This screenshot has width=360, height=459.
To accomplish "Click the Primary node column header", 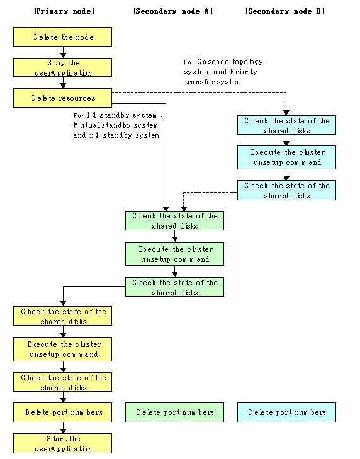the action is click(x=64, y=11).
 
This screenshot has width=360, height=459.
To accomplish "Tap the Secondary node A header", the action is click(x=173, y=11).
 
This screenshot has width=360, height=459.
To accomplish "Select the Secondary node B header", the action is click(x=285, y=11).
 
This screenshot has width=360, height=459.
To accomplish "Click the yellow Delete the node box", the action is click(x=63, y=37).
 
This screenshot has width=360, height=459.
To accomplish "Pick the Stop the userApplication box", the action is click(x=63, y=67).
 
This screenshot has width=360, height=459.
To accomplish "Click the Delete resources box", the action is click(x=63, y=98).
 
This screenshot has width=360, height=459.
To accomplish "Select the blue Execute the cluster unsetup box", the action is click(x=286, y=157).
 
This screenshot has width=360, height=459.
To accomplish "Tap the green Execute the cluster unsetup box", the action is click(x=175, y=254).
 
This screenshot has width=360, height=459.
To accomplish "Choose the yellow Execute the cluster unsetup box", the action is click(x=63, y=349).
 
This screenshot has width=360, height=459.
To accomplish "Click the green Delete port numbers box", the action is click(x=175, y=412).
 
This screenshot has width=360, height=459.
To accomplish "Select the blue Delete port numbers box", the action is click(x=286, y=412).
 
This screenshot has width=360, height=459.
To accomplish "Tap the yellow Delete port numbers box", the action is click(x=63, y=412).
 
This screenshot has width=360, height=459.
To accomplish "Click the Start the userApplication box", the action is click(x=63, y=443).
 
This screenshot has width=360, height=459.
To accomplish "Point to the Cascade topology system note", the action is click(x=223, y=72).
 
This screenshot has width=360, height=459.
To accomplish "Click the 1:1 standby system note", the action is click(x=118, y=125).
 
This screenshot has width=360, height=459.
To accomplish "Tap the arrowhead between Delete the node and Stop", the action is click(x=63, y=55).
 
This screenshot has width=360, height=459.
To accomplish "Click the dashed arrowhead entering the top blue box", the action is click(x=286, y=113).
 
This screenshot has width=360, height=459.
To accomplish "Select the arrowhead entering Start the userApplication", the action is click(x=63, y=431).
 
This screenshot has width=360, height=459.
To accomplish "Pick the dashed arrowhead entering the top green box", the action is click(x=184, y=208).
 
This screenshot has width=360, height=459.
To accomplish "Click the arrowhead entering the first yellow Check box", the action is click(x=63, y=303).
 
